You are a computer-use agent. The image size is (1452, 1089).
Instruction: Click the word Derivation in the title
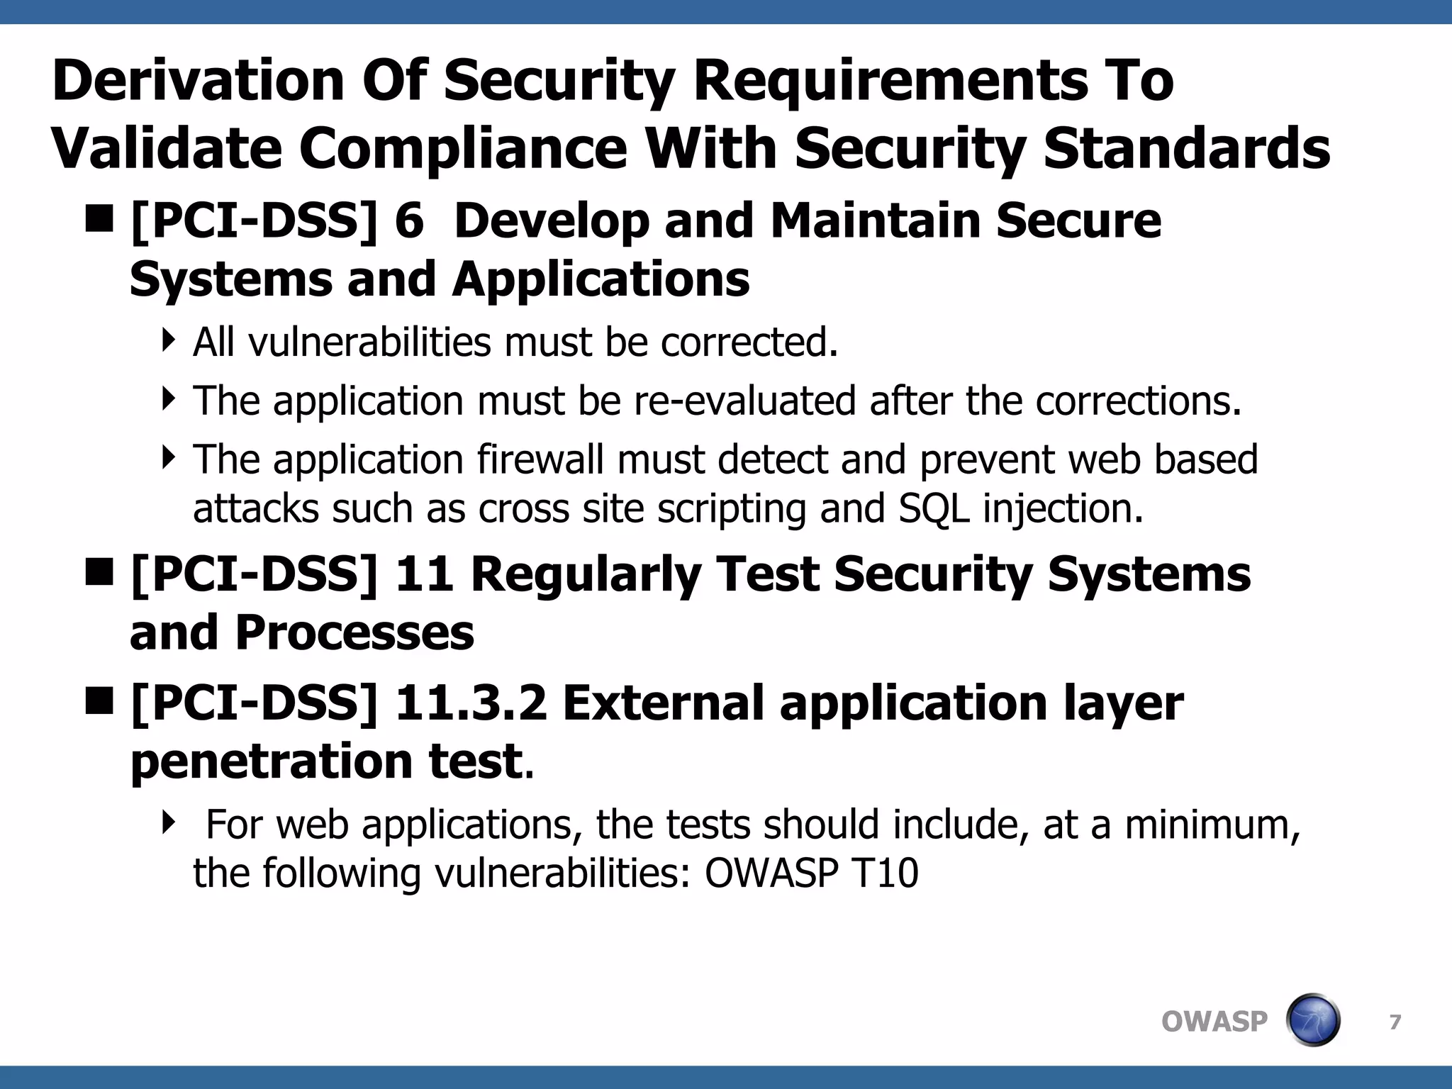tap(198, 80)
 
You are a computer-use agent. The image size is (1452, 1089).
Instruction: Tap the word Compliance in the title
tap(462, 149)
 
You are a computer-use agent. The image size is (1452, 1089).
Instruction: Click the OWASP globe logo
tap(1312, 1020)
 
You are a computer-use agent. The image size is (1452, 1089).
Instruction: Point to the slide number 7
tap(1395, 1022)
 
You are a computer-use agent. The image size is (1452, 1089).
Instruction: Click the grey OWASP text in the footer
tap(1214, 1022)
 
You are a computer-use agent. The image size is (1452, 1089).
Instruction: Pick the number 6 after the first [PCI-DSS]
tap(409, 220)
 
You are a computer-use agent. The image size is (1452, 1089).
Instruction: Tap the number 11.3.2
tap(471, 703)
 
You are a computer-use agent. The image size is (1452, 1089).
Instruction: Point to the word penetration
tap(272, 761)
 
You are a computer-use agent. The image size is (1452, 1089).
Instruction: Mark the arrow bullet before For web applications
tap(168, 822)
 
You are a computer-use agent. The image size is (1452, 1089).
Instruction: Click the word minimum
tap(1211, 825)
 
